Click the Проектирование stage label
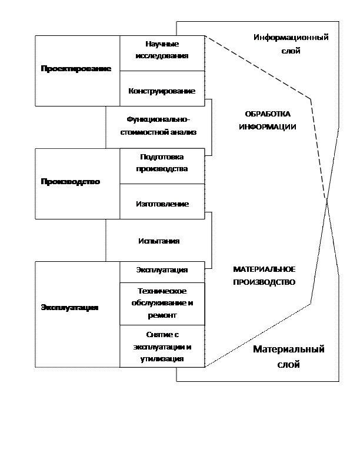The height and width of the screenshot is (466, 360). coord(76,69)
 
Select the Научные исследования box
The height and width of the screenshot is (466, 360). coord(162,50)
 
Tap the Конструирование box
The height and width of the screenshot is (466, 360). coord(162,91)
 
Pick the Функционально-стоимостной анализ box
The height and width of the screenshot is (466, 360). coord(158,127)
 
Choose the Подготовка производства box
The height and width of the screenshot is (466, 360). coord(162,163)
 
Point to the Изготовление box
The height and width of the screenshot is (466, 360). coord(162,204)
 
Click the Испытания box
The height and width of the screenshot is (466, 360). coord(158,241)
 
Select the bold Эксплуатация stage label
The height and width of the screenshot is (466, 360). coord(69,308)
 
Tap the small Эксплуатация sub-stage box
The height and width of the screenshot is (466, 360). coord(162,270)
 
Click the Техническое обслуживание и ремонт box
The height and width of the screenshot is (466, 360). coord(162,303)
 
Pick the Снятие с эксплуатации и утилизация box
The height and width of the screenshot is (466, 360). coord(162,347)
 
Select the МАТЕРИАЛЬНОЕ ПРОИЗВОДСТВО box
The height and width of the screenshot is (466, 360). coord(264,276)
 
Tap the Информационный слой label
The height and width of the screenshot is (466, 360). coord(291,44)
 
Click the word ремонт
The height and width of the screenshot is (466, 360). coord(162,315)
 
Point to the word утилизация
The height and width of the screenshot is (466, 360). coord(162,358)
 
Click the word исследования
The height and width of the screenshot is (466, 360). coord(162,56)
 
